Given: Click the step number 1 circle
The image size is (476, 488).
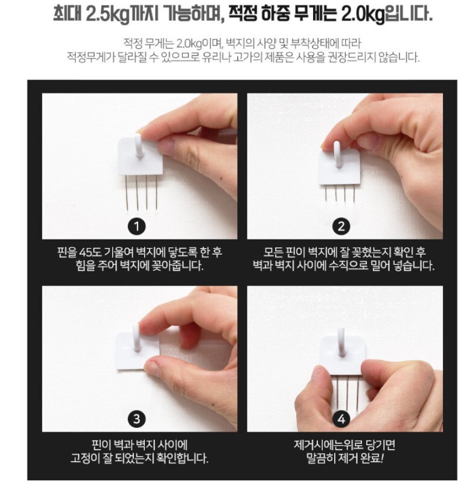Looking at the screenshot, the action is (137, 227).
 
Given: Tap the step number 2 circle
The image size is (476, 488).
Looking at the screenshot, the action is (341, 227).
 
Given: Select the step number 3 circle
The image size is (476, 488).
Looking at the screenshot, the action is (137, 419).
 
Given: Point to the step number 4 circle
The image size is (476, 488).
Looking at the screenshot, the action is (341, 419).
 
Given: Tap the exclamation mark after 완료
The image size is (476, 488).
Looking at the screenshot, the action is (382, 458).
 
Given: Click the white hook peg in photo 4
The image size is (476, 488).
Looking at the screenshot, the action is (342, 342).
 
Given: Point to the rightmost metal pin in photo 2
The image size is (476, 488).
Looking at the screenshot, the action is (355, 192).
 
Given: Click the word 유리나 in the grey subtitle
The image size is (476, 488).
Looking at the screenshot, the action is (215, 57).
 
